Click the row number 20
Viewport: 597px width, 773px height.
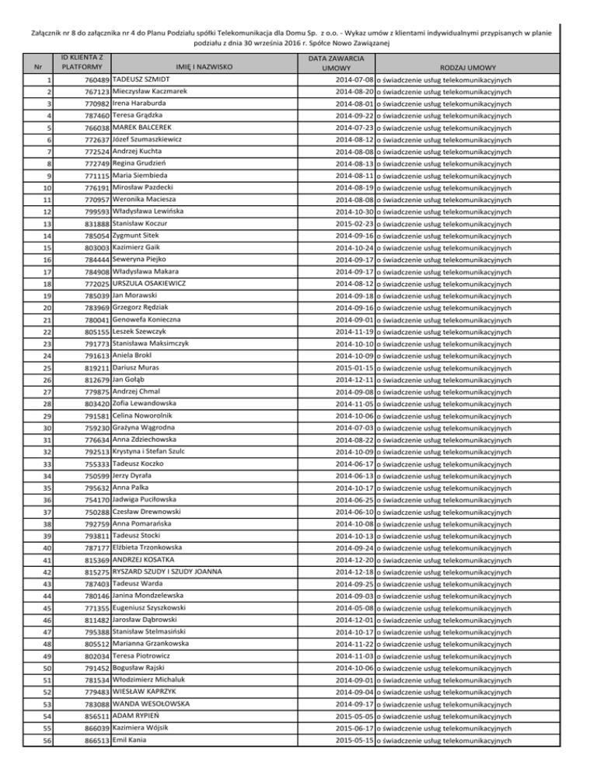(48, 309)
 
